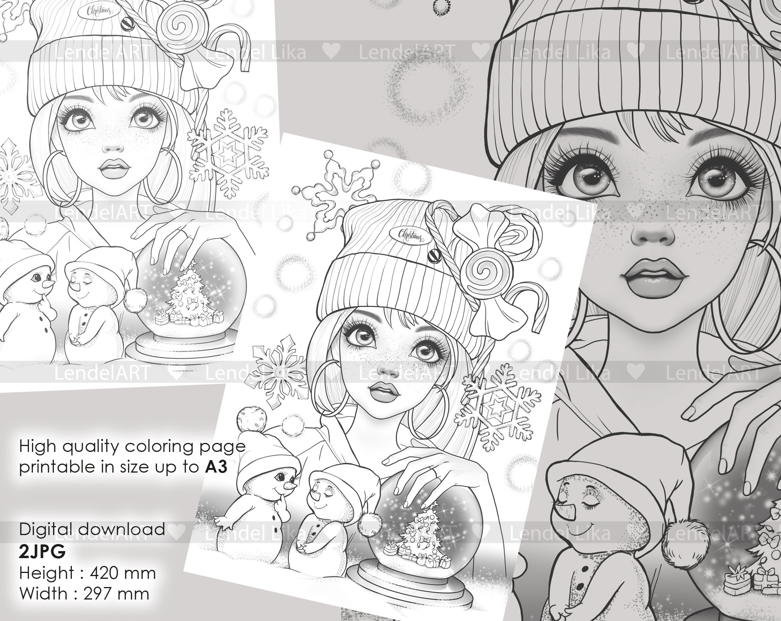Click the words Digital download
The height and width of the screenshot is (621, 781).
(x=92, y=530)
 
